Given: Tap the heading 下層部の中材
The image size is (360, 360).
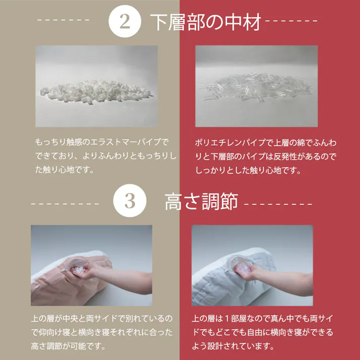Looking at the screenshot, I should (205, 23).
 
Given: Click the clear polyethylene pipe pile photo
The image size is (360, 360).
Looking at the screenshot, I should (256, 86).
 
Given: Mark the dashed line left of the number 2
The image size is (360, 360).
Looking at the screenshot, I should (64, 22).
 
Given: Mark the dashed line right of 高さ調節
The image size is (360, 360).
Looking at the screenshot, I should (278, 204).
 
